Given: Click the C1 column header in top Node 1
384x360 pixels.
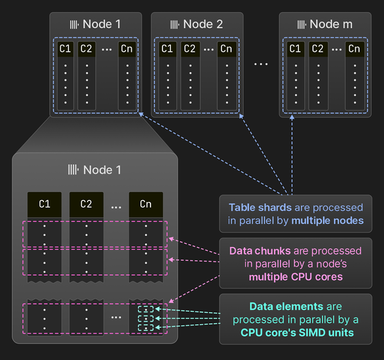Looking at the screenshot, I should coord(65,49).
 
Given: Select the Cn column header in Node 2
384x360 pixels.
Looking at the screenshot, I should coord(226,49).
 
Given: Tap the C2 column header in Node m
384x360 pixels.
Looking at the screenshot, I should coord(317,49).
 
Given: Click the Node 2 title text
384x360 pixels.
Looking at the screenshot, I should coord(203,24).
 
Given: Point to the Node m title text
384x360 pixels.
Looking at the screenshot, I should coord(331,24).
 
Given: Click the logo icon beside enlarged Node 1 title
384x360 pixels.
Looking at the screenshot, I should coord(74,170).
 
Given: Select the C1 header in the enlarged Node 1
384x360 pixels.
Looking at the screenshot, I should coord(45,205).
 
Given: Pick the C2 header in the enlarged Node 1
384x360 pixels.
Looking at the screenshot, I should coord(86,205).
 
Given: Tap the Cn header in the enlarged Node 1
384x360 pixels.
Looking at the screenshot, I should coord(145,205).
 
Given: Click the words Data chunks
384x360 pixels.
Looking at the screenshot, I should coord(260,251).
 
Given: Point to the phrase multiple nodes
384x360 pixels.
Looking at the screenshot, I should coord(328,221).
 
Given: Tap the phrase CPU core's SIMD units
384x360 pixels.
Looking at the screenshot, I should coord(297,333).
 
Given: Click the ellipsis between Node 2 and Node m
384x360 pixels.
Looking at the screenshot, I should coord(261,64).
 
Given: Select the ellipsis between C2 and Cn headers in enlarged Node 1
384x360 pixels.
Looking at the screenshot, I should coord(116,206).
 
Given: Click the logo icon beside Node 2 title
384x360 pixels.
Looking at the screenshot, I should coord(174,24).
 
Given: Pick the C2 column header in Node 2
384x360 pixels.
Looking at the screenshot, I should coord(189,49).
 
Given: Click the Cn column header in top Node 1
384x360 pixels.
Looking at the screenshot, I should coord(127,49).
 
